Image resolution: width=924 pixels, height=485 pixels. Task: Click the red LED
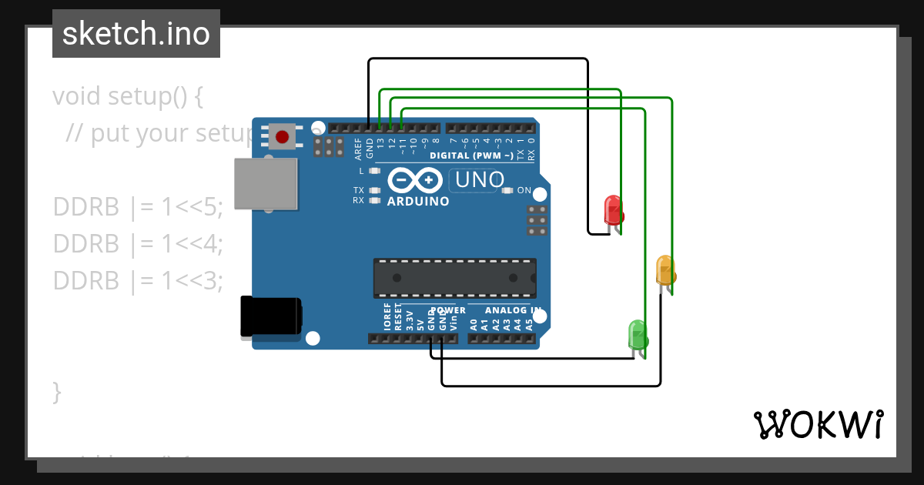[x=613, y=209]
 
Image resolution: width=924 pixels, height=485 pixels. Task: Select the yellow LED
[x=665, y=269]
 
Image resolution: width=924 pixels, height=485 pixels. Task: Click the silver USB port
[x=266, y=184]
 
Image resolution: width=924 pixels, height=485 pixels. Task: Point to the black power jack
[x=270, y=316]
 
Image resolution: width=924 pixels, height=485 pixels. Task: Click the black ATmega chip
[x=454, y=278]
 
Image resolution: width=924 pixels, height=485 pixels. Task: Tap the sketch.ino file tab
[x=136, y=34]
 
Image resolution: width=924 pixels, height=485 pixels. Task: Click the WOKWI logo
[x=818, y=424]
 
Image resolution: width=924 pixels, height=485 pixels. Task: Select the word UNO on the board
[x=480, y=180]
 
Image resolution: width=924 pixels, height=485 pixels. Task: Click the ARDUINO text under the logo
[x=418, y=202]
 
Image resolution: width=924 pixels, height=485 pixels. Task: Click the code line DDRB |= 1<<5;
[x=138, y=207]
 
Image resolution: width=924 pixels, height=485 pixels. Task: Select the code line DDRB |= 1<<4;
[x=138, y=244]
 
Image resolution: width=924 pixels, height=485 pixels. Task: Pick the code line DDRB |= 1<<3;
[x=138, y=281]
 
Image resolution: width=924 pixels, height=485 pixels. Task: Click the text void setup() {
[x=128, y=96]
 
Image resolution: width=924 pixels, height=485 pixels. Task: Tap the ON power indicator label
[x=524, y=190]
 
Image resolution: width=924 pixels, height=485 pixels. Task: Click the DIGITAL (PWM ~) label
[x=471, y=156]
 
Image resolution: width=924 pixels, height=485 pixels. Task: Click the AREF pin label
[x=358, y=147]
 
